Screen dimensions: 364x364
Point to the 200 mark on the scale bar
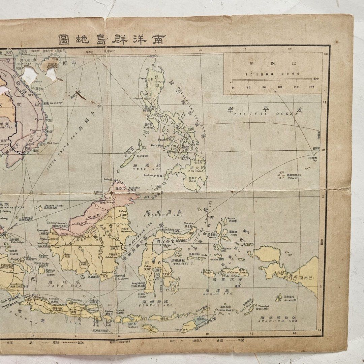(311, 87)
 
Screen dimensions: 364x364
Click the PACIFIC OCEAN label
(266, 114)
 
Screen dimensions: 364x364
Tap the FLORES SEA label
(157, 305)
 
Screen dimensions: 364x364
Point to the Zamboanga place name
(151, 175)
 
